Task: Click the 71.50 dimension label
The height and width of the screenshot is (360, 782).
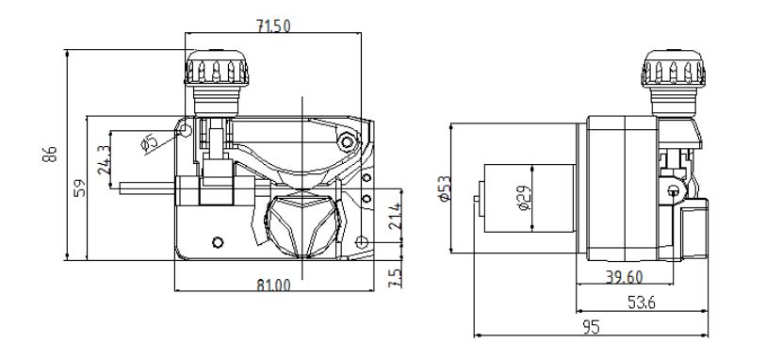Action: pos(273,26)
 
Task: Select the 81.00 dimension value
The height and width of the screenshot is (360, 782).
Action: pos(273,286)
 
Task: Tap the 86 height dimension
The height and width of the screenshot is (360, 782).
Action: pos(50,154)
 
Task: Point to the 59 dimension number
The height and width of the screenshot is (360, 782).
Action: pos(80,188)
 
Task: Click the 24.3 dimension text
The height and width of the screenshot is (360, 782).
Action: pos(104,159)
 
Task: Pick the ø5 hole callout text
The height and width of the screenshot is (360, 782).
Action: pos(149,142)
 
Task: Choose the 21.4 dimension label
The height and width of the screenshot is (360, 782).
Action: pos(395,216)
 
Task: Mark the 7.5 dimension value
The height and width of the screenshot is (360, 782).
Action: pos(395,278)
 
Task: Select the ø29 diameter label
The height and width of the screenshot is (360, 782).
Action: pos(524,198)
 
